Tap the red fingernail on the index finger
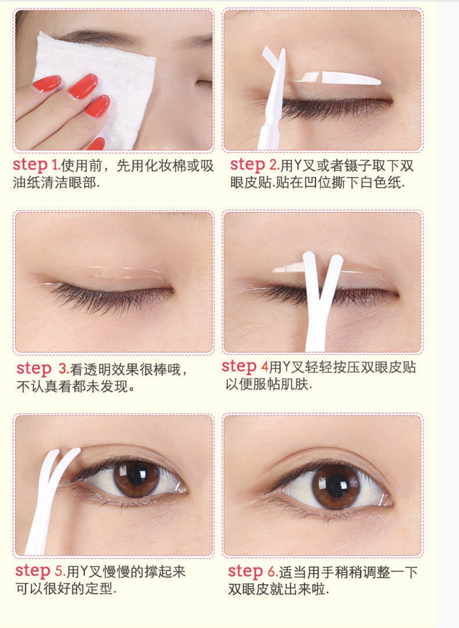click(x=83, y=86)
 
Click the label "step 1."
click(x=37, y=165)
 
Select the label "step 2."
click(x=255, y=165)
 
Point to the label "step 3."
click(x=42, y=369)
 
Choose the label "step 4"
click(x=245, y=367)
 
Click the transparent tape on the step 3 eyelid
click(x=126, y=272)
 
